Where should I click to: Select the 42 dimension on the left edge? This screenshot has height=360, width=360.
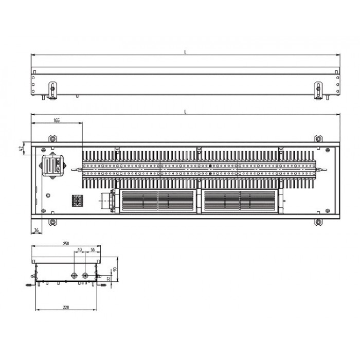21,148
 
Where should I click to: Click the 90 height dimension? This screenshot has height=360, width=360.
116,269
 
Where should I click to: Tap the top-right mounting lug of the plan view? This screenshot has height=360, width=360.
318,138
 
